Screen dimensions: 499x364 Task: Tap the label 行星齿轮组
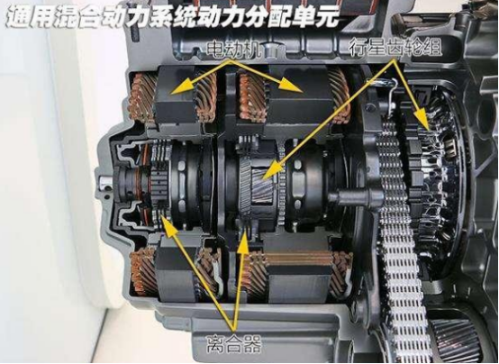tap(395, 47)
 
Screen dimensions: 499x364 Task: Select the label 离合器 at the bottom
tap(233, 344)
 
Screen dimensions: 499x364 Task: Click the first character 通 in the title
tap(17, 16)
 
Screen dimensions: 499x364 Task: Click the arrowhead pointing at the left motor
tap(179, 86)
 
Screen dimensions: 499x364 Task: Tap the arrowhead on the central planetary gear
tap(268, 173)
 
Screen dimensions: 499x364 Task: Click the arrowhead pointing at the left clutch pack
tap(168, 225)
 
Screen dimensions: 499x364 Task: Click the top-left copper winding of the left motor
tap(143, 97)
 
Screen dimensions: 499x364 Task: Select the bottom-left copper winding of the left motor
tap(144, 271)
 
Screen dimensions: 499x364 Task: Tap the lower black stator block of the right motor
tap(297, 284)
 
